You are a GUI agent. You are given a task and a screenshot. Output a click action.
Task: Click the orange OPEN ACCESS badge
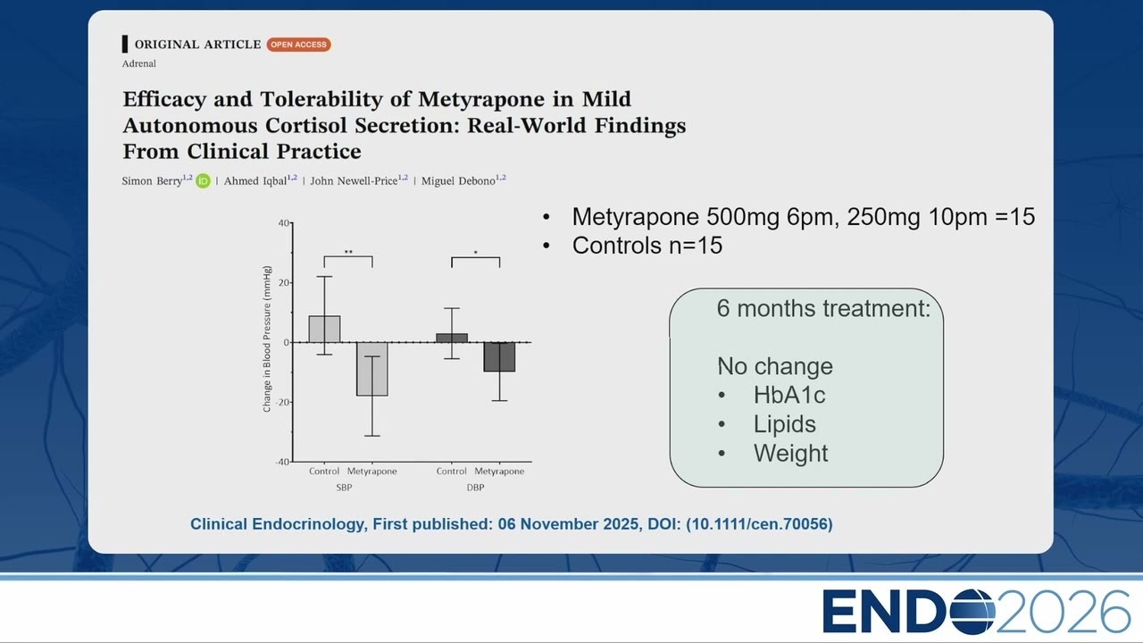pyautogui.click(x=298, y=45)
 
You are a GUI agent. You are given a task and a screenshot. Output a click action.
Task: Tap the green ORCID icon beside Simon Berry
pyautogui.click(x=203, y=180)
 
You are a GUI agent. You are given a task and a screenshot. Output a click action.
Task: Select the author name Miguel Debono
pyautogui.click(x=458, y=181)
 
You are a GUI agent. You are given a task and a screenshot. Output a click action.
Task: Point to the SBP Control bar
pyautogui.click(x=324, y=330)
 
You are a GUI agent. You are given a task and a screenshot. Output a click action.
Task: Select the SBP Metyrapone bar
pyautogui.click(x=372, y=369)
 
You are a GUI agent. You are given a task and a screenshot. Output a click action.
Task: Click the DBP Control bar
pyautogui.click(x=452, y=338)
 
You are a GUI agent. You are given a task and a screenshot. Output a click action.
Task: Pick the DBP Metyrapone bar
pyautogui.click(x=499, y=356)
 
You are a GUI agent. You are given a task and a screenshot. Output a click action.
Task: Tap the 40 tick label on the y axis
pyautogui.click(x=284, y=223)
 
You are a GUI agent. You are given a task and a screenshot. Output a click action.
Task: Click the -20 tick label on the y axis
pyautogui.click(x=282, y=402)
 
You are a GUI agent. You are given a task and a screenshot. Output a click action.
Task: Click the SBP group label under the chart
pyautogui.click(x=344, y=488)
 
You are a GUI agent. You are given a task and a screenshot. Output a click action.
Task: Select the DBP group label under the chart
pyautogui.click(x=475, y=488)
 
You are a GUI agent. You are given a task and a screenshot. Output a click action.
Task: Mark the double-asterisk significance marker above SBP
pyautogui.click(x=348, y=252)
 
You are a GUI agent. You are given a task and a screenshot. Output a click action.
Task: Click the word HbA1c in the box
pyautogui.click(x=789, y=395)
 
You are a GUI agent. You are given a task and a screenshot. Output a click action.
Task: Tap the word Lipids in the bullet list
pyautogui.click(x=785, y=424)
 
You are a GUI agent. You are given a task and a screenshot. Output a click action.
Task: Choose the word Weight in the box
pyautogui.click(x=791, y=453)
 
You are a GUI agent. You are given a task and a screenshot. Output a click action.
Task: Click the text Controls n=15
pyautogui.click(x=647, y=246)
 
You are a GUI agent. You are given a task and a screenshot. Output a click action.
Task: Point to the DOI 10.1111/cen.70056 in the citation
pyautogui.click(x=759, y=524)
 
